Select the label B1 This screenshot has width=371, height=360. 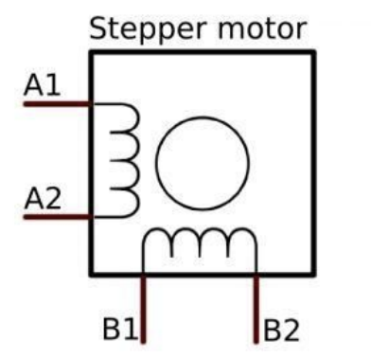120,330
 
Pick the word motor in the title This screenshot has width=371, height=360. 260,28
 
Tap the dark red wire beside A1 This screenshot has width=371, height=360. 57,103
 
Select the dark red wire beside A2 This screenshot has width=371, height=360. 57,217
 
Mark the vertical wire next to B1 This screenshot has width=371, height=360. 143,308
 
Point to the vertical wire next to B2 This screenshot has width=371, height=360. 256,308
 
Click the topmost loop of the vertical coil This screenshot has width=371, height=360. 126,117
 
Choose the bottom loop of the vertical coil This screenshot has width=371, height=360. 126,202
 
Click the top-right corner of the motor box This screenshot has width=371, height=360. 313,51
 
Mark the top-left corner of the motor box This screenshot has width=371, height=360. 92,51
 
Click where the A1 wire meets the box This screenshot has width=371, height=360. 92,103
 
